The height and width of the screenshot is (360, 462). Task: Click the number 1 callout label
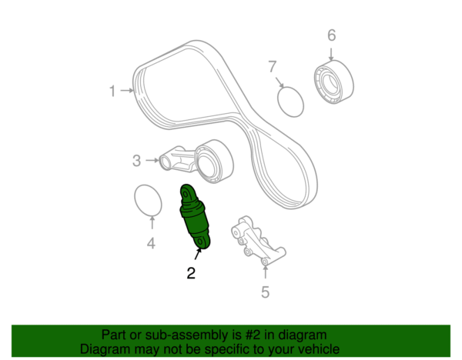(x=112, y=91)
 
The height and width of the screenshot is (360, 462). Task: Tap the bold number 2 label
(x=191, y=273)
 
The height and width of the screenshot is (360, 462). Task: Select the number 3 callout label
(x=136, y=161)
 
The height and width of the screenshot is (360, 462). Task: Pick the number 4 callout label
(x=151, y=243)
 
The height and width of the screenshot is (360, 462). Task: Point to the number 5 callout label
(x=265, y=292)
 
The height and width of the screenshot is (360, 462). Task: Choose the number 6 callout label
(x=332, y=35)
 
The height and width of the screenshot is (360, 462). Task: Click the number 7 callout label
(x=273, y=66)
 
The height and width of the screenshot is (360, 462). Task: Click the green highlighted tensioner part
(x=195, y=216)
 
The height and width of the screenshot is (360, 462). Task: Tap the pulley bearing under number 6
(x=334, y=82)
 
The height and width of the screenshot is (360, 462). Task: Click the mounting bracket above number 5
(x=256, y=239)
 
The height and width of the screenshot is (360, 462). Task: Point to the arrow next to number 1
(x=127, y=90)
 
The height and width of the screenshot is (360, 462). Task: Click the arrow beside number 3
(x=152, y=161)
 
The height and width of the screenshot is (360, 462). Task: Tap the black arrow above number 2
(x=198, y=254)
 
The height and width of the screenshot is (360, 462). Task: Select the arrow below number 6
(x=331, y=55)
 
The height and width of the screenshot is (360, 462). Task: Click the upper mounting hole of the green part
(x=186, y=195)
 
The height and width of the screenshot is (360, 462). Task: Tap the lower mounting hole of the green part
(x=200, y=242)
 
